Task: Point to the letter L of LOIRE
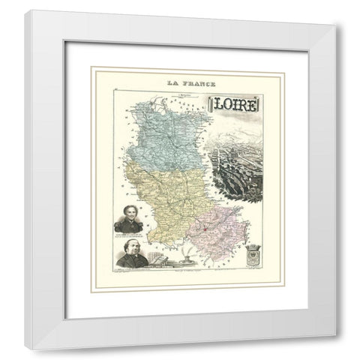(219, 106)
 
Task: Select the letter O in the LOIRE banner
(229, 106)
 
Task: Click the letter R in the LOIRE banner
(244, 106)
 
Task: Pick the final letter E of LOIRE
(253, 106)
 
